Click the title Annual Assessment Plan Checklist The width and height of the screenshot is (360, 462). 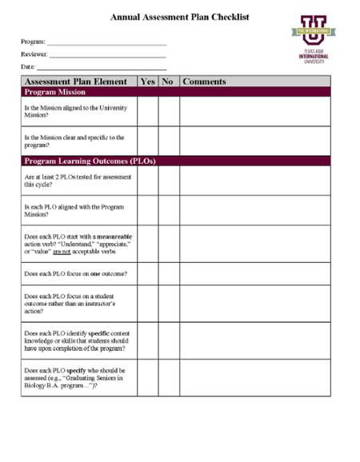coord(180,16)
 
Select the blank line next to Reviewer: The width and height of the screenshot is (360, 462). coord(108,56)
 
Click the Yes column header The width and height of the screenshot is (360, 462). coord(147,82)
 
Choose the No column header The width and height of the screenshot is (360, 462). coord(168,82)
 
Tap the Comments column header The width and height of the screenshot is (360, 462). coord(205,82)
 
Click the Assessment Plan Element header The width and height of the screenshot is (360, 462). coord(76,82)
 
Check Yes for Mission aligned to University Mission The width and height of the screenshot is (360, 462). coord(147,112)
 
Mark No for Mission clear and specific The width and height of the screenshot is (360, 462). coord(168,141)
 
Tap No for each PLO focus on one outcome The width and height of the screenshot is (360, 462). coord(168,273)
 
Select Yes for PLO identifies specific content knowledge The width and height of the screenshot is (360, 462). coord(147,341)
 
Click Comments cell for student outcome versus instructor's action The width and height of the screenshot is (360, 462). coord(254,305)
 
